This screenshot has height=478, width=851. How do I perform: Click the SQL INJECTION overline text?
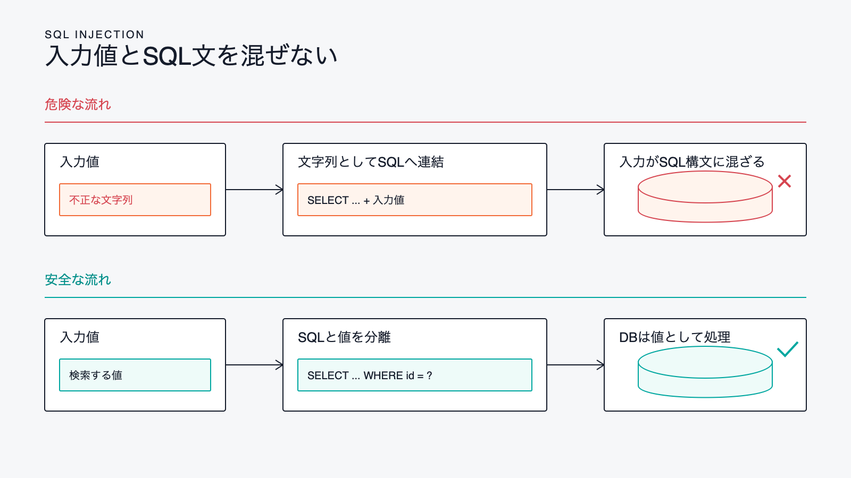tap(94, 35)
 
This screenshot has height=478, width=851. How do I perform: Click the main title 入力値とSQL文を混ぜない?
tap(191, 56)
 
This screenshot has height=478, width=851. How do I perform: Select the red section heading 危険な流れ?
tap(78, 104)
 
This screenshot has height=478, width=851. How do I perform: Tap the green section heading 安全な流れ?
tap(78, 279)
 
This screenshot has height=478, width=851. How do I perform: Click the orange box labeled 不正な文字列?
tap(135, 200)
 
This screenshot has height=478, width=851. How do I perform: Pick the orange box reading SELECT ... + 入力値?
tap(414, 200)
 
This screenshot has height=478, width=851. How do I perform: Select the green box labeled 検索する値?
tap(135, 375)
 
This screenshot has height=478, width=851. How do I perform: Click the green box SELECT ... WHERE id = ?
tap(414, 375)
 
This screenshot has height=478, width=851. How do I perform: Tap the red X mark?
tap(785, 181)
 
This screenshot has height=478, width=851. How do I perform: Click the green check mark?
tap(788, 349)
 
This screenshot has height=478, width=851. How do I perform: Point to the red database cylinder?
tap(705, 197)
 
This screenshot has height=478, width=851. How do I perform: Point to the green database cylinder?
tap(705, 372)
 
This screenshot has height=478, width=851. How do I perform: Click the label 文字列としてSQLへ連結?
tap(371, 162)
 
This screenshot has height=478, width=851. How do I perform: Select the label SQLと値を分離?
tap(344, 337)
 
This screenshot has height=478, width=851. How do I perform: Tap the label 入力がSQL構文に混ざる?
tap(692, 162)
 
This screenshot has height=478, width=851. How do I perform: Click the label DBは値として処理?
tap(675, 337)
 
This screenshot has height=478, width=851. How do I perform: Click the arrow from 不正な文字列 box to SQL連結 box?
tap(254, 190)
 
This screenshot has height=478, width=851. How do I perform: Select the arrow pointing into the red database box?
tap(575, 190)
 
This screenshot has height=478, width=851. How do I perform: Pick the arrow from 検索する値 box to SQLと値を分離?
tap(254, 365)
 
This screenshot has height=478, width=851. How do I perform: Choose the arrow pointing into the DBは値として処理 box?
tap(575, 365)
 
